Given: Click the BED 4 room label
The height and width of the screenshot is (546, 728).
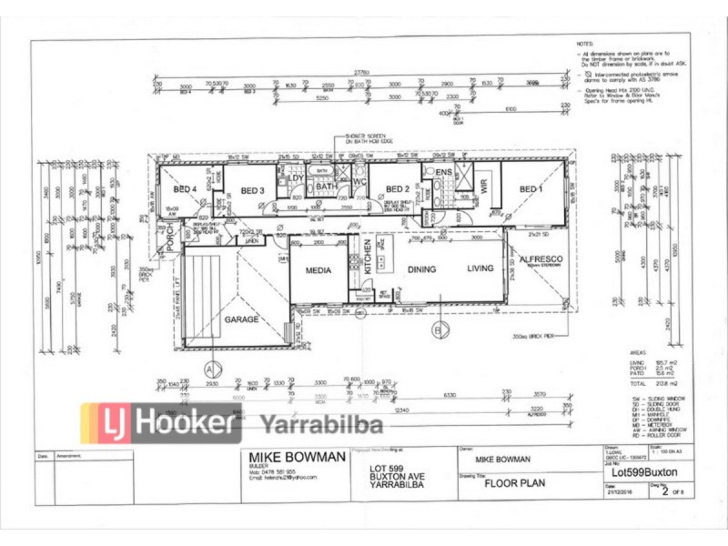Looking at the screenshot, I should (185, 189).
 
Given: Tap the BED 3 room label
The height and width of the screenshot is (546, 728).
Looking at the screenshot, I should (252, 189).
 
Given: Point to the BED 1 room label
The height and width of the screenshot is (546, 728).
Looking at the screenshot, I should (531, 188).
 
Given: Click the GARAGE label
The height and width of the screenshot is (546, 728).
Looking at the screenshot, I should (242, 319).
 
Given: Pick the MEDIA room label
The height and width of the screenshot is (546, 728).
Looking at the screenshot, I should (318, 269).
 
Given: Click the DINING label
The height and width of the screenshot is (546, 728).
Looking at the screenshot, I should (423, 269).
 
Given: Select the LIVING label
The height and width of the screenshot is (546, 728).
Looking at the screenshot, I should (480, 268).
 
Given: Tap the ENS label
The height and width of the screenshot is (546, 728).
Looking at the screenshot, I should (443, 172).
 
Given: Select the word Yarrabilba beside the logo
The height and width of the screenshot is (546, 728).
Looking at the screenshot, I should (322, 423).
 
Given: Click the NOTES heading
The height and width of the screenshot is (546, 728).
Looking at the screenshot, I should (585, 44).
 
